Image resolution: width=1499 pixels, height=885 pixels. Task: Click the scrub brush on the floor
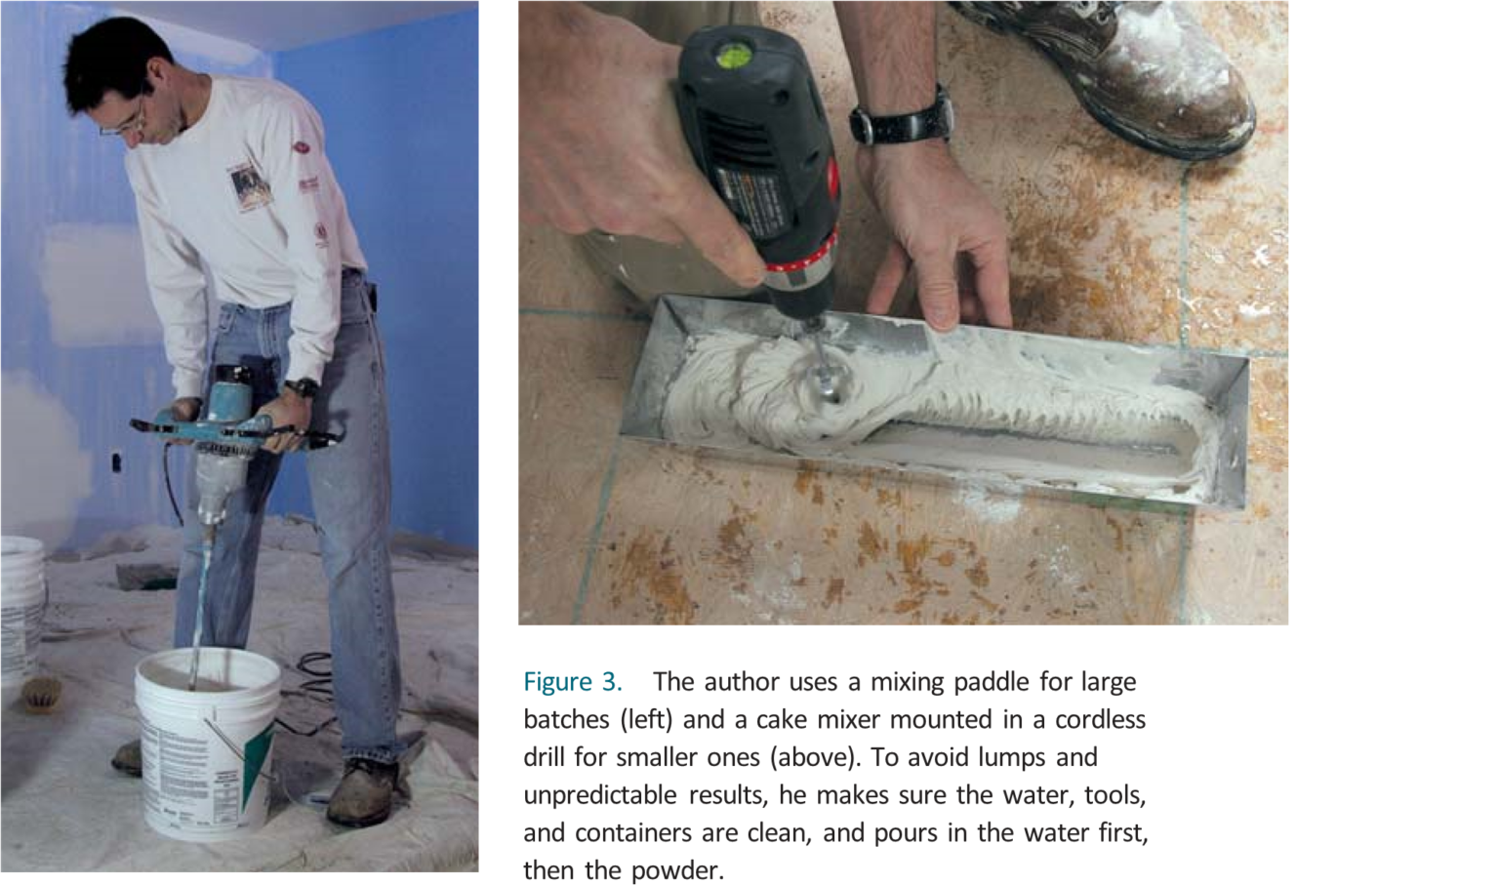[x=40, y=694]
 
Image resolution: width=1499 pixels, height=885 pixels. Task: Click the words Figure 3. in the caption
[x=572, y=681]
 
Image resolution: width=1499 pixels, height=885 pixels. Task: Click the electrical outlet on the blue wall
[x=117, y=461]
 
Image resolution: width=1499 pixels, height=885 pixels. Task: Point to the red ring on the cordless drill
[x=800, y=261]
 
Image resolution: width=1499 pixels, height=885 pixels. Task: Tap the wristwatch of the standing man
[x=302, y=387]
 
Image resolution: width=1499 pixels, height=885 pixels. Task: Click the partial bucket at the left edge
[x=20, y=605]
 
